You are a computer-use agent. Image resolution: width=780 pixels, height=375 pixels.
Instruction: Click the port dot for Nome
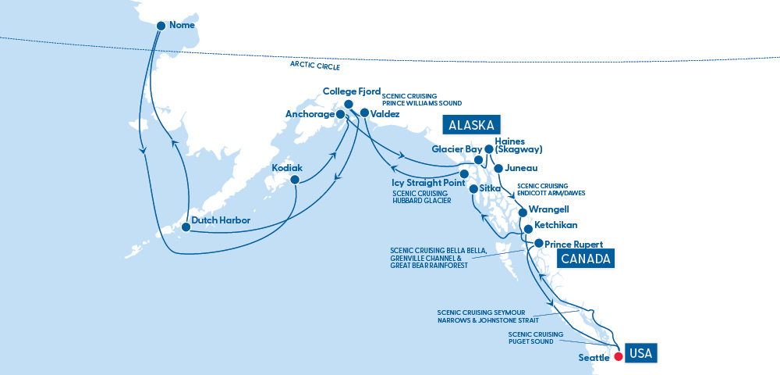pos(161,26)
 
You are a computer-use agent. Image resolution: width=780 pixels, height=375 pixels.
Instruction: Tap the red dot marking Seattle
pos(618,357)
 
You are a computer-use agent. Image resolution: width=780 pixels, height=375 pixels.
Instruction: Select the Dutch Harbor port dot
pos(185,227)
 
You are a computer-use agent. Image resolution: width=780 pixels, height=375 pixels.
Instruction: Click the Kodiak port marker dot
pos(295,180)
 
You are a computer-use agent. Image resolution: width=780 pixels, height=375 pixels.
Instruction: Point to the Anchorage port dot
pos(340,114)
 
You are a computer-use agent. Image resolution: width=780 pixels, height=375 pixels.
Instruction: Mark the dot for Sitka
pos(473,189)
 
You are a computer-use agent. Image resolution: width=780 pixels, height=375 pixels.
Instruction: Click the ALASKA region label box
pos(472,125)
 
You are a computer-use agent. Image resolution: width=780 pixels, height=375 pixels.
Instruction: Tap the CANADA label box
pos(584,259)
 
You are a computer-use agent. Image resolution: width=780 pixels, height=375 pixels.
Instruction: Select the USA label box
pos(640,352)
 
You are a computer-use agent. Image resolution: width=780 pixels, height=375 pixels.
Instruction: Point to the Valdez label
pos(386,114)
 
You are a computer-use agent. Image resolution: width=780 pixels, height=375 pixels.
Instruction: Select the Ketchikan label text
pos(558,225)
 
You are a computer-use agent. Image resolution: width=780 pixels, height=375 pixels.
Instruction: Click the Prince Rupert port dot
pos(538,244)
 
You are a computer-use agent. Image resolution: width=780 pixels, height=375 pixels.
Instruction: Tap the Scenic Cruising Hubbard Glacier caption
pos(422,197)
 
